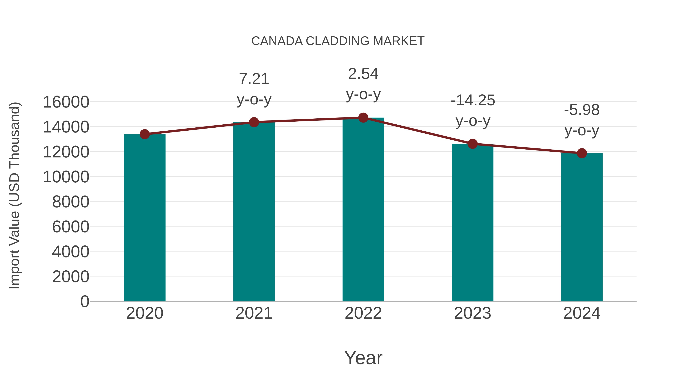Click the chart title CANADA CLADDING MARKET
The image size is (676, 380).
click(x=338, y=41)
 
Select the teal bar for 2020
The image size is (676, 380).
click(x=145, y=218)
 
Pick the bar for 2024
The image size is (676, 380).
click(x=582, y=227)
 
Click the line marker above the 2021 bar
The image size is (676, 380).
click(x=254, y=122)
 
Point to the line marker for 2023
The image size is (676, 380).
click(x=472, y=144)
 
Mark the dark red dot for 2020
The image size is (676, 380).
click(x=145, y=134)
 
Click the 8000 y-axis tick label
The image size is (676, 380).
click(x=71, y=202)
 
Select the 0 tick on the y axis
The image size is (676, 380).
click(x=84, y=301)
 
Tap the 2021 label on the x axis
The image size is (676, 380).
click(x=254, y=313)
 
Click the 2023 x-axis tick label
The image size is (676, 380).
click(x=472, y=313)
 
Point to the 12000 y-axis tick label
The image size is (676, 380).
click(x=66, y=152)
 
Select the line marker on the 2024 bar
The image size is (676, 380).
click(x=582, y=153)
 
